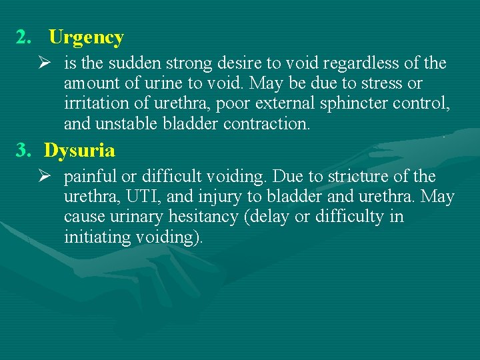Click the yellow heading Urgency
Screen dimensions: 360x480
click(86, 37)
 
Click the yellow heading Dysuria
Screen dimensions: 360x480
click(79, 150)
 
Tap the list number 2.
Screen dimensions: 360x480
click(23, 37)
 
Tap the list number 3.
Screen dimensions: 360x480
click(23, 150)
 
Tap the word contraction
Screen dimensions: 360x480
click(267, 124)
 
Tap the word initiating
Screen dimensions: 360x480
click(95, 237)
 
